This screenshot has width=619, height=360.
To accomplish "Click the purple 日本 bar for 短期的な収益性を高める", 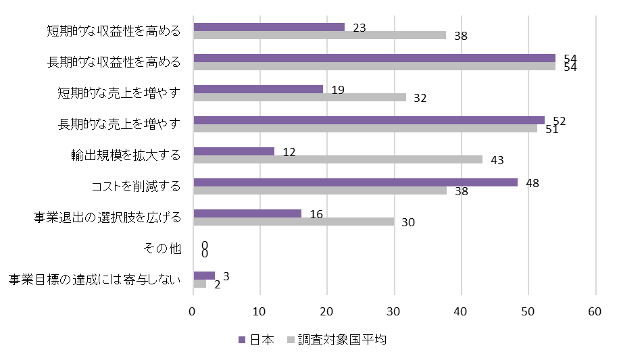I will [269, 27].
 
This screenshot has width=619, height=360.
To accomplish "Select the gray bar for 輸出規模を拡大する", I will [338, 159].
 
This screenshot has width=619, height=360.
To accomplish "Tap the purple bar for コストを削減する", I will [355, 182].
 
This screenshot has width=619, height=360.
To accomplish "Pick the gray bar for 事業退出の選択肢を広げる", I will [293, 222].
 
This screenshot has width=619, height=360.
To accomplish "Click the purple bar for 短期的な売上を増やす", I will [258, 89].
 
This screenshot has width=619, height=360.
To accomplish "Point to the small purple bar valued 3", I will [204, 276].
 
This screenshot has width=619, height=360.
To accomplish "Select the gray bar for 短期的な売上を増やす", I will [299, 97].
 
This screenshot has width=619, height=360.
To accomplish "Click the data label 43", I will [498, 161].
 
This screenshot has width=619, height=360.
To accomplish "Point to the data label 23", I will [360, 28].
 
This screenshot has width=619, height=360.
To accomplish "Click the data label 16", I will [316, 214].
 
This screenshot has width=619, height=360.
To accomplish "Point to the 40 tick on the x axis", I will [462, 311].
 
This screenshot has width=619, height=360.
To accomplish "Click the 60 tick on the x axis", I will [595, 311].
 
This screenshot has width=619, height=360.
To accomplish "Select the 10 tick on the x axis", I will [260, 311].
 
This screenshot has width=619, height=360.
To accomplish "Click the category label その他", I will [163, 249].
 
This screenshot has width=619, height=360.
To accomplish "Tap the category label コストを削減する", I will [136, 186].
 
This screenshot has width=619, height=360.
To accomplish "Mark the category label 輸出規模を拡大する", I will [126, 155].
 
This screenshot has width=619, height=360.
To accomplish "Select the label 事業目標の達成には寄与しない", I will [95, 279].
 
